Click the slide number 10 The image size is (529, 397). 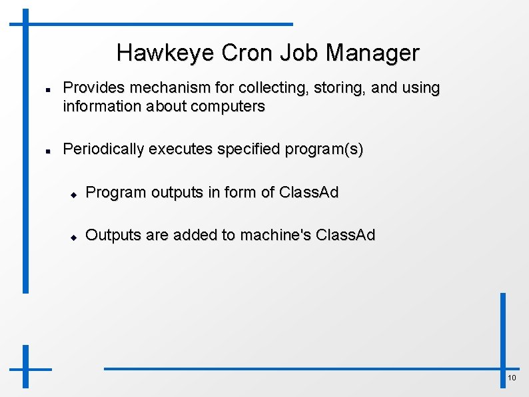512,378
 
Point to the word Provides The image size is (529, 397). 93,88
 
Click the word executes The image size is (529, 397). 176,149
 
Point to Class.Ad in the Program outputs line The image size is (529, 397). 308,193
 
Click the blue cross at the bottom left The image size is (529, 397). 26,368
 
